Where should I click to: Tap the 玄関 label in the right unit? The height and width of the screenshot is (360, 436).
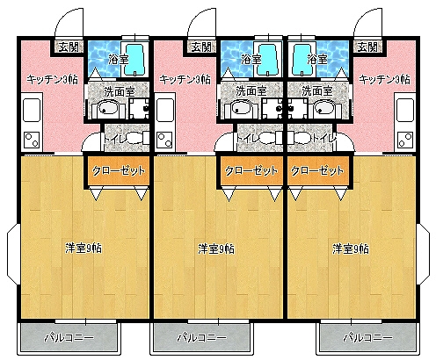point(367,47)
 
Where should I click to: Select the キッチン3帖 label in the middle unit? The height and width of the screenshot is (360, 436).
point(183,79)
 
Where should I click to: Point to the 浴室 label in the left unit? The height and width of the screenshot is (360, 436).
point(118,60)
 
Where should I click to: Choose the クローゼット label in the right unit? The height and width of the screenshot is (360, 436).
point(316,171)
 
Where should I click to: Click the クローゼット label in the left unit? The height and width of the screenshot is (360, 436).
point(116,171)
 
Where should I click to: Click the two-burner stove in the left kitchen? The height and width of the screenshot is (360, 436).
point(32,138)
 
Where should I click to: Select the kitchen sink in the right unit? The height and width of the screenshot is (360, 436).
point(405,110)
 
